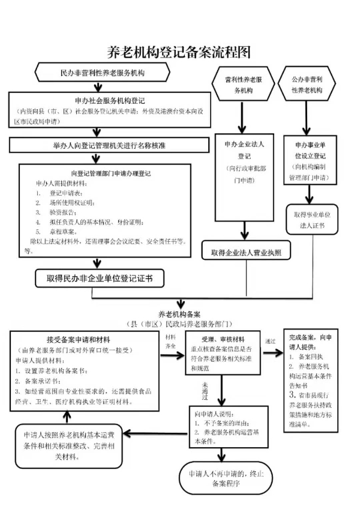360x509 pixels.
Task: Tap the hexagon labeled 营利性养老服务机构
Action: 242,85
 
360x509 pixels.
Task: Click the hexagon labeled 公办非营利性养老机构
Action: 307,85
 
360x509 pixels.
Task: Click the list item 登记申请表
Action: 70,193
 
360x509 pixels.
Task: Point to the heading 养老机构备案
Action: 179,314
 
